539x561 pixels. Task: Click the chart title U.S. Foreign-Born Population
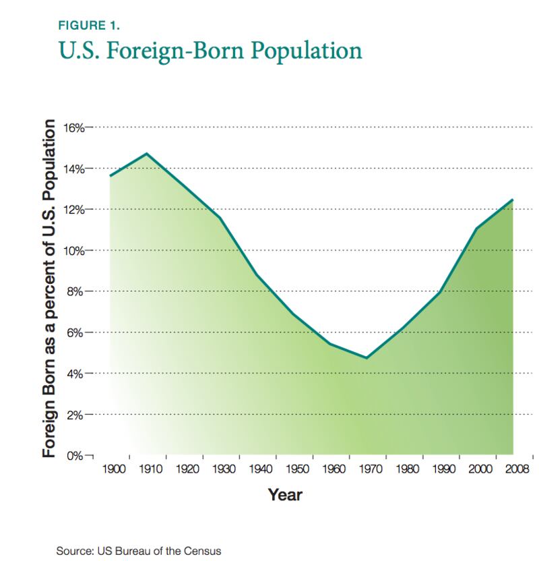(210, 51)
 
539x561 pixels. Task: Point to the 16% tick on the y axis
(73, 127)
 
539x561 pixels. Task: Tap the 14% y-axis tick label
(73, 169)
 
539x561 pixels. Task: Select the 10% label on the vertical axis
(73, 251)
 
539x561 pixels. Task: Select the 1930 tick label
(224, 469)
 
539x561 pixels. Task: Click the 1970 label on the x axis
(371, 469)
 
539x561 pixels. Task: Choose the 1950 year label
(297, 469)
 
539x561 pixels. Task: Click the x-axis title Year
(285, 496)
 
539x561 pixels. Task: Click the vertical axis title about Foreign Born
(49, 288)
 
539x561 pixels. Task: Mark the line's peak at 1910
(147, 154)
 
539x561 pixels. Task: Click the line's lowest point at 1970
(367, 358)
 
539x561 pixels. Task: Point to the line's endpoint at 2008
(513, 200)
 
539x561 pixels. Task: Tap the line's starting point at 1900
(110, 176)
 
